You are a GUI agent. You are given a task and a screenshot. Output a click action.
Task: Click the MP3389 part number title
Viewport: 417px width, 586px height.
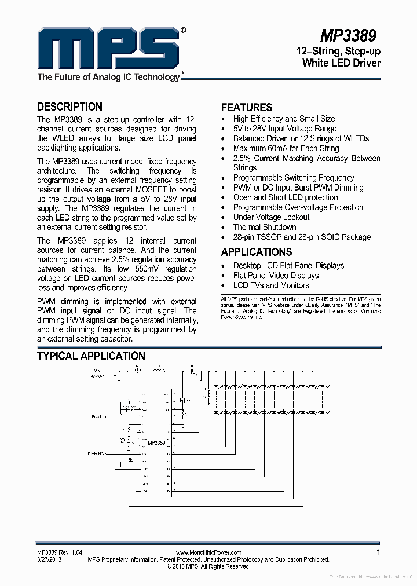click(348, 36)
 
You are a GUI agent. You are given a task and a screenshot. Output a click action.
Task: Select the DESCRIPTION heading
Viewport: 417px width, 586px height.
click(69, 107)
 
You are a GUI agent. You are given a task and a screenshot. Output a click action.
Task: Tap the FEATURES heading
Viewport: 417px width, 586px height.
click(246, 107)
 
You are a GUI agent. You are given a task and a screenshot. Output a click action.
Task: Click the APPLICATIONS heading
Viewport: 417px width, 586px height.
click(256, 252)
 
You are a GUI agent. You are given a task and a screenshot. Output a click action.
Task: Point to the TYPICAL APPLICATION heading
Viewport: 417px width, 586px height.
click(91, 356)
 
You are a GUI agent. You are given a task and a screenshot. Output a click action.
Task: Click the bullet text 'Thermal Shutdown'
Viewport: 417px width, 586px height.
click(264, 227)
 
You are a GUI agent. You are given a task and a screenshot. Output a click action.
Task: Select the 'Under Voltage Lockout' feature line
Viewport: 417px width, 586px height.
click(271, 217)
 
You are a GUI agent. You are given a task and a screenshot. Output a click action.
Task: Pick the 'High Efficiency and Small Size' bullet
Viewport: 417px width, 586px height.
click(284, 119)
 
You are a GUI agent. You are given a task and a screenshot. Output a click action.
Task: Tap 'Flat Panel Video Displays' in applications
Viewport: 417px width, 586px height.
click(276, 276)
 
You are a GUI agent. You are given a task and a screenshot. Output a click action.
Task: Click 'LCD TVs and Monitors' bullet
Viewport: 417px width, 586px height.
click(270, 285)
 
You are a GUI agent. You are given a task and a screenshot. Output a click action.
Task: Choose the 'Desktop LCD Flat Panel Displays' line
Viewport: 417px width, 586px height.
click(288, 266)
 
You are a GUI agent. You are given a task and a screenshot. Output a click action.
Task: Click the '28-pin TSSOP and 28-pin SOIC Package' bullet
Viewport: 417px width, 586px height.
click(302, 237)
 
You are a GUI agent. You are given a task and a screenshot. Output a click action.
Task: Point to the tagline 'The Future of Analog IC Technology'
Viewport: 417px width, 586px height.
click(108, 77)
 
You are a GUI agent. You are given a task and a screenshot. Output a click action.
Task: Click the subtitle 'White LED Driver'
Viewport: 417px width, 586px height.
click(341, 63)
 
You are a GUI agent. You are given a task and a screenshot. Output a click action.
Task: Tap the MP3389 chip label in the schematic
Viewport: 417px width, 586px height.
click(156, 442)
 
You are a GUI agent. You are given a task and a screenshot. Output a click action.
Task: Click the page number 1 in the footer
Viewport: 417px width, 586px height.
click(378, 552)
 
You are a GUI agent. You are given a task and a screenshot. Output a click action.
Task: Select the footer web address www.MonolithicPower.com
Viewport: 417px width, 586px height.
click(208, 553)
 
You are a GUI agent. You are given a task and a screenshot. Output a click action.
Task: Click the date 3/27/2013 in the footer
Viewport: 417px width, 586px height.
click(49, 559)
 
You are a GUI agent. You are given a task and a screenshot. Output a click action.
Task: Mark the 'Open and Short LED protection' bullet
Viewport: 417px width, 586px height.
click(286, 197)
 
